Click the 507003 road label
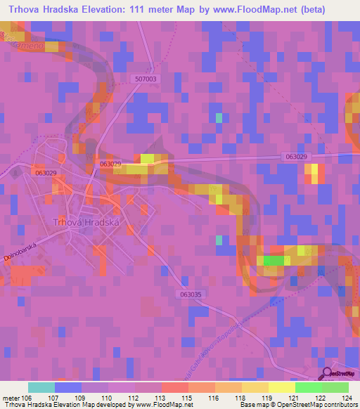146,80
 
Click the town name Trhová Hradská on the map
88,222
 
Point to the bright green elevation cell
274,260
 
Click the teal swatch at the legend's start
41,387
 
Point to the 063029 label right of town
297,156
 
